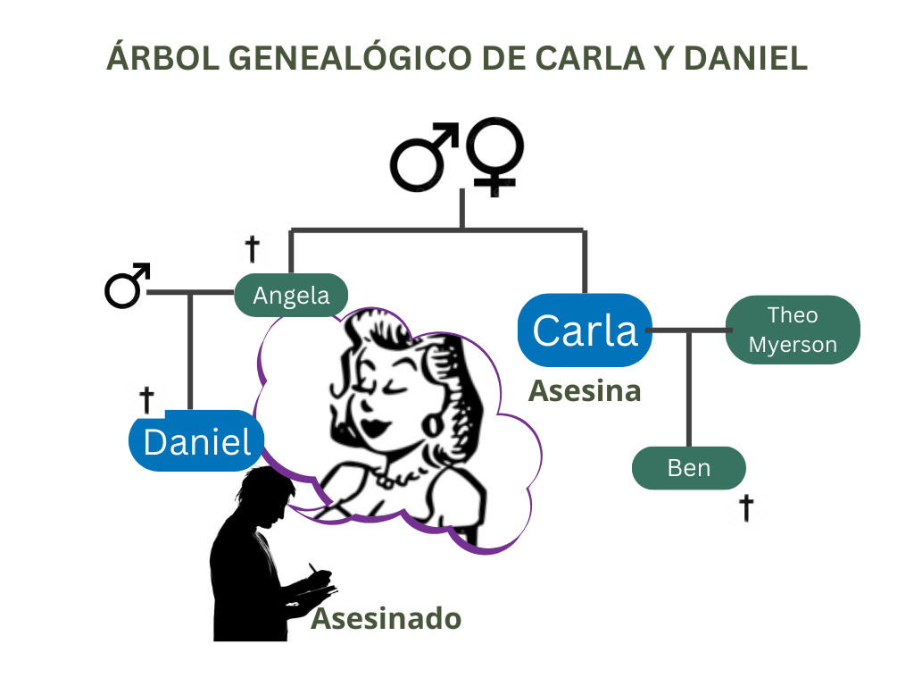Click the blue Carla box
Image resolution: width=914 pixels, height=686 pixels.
tap(585, 330)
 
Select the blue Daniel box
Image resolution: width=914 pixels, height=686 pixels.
tap(197, 440)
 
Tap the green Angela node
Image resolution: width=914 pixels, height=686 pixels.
tap(291, 295)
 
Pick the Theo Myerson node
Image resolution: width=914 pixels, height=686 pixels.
tap(793, 330)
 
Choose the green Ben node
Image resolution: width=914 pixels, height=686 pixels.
tap(688, 468)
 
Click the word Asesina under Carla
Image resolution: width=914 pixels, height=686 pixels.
tap(585, 390)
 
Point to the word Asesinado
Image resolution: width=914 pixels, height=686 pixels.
tap(386, 618)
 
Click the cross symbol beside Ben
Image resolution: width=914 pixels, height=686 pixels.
tap(746, 508)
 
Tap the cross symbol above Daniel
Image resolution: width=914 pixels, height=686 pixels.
tap(147, 399)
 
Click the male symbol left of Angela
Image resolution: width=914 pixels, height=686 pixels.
tap(126, 286)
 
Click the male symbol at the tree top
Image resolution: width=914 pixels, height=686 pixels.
tap(424, 158)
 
